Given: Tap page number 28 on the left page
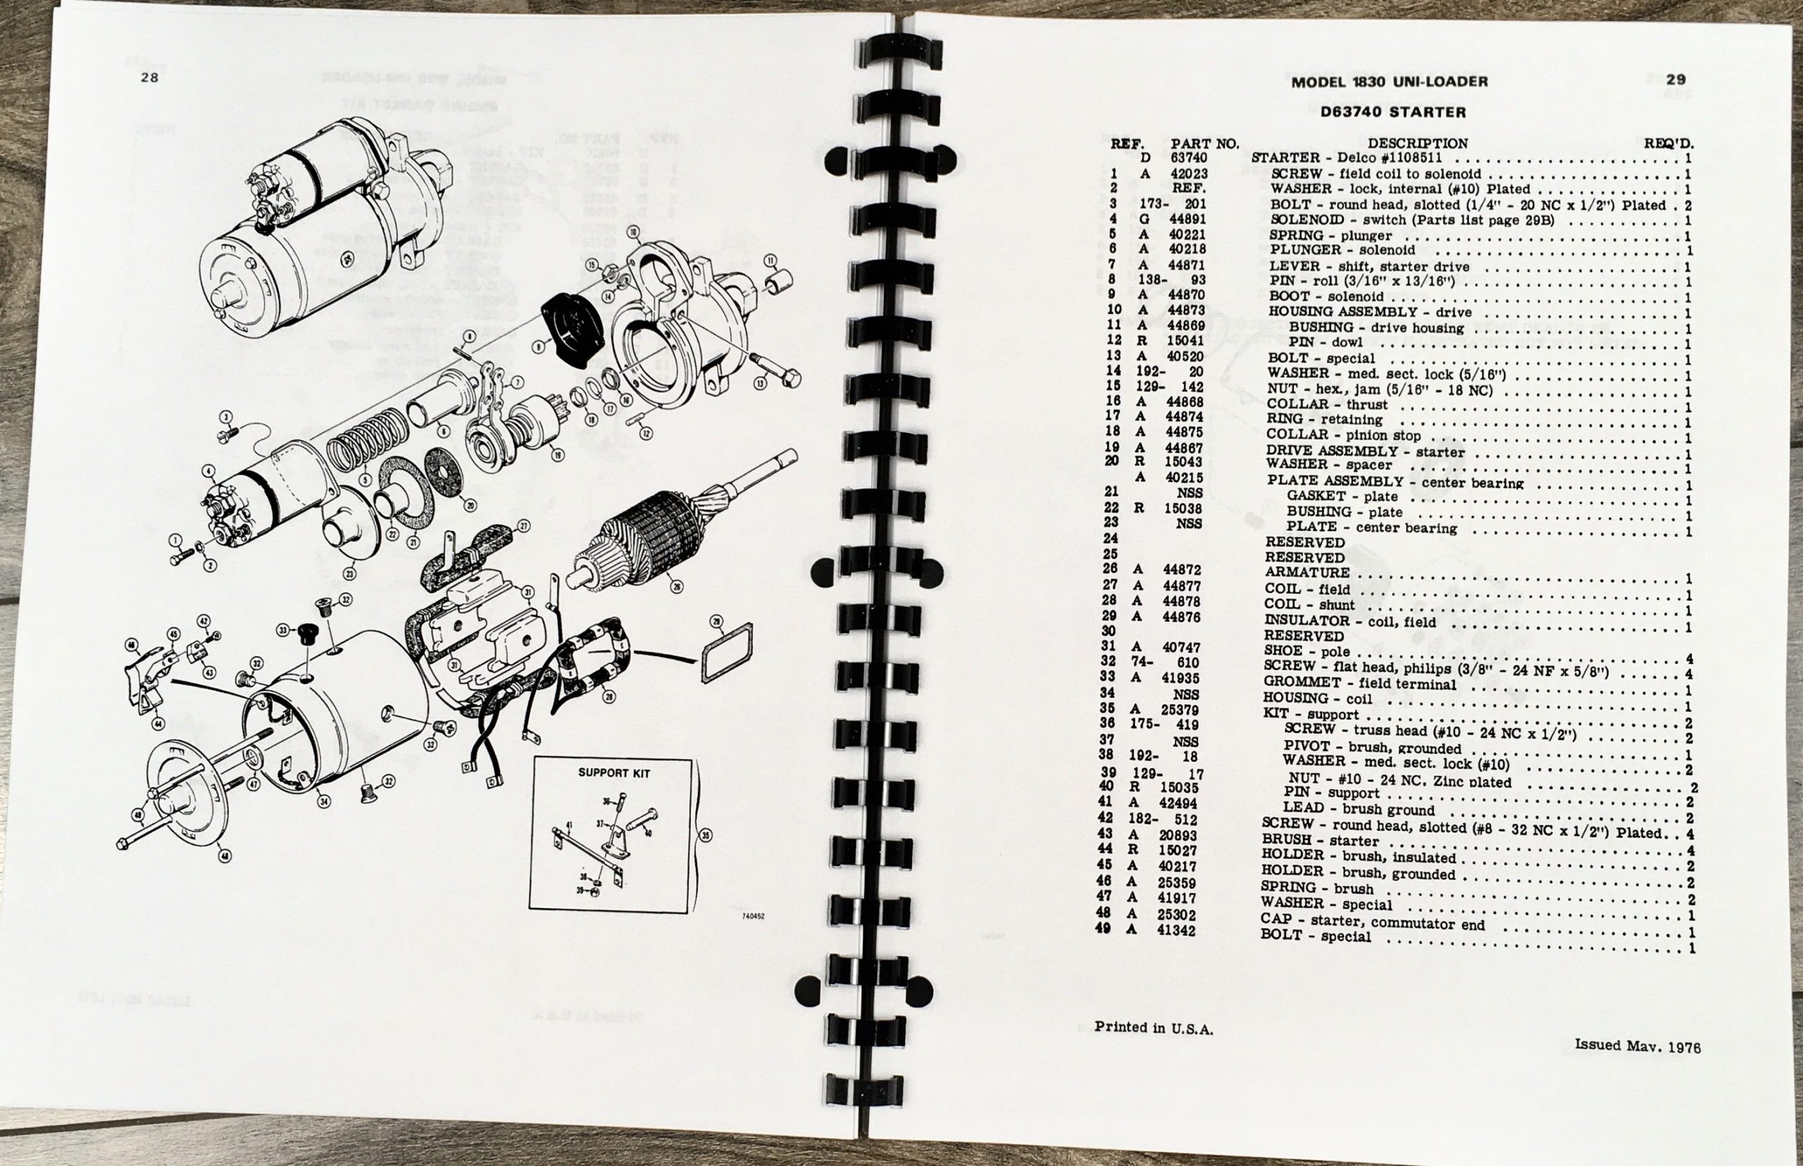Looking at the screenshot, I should (149, 77).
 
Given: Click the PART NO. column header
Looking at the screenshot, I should (1204, 143).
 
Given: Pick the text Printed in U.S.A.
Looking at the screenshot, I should (1153, 1028).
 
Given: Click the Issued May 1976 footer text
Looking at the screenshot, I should (1634, 1046).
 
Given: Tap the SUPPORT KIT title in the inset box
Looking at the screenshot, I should (613, 773).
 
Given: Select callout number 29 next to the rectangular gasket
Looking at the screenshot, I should (716, 621).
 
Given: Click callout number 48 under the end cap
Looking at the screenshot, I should (225, 855).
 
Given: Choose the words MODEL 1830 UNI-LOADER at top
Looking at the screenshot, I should (1389, 82).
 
